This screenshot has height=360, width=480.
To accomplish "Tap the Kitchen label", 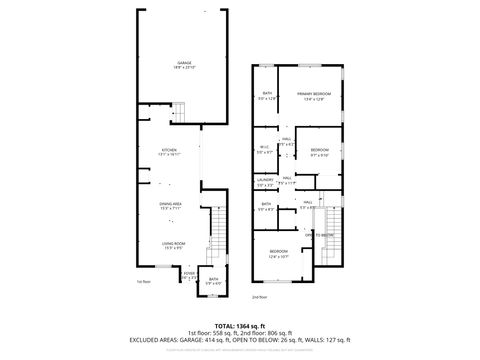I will pyautogui.click(x=170, y=153).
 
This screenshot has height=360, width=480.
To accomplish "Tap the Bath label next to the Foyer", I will pyautogui.click(x=213, y=282).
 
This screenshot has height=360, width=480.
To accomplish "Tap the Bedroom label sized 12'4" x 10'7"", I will pyautogui.click(x=279, y=254).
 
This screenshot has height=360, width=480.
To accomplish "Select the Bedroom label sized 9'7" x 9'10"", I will pyautogui.click(x=319, y=152).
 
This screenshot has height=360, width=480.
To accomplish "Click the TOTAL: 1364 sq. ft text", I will pyautogui.click(x=239, y=325).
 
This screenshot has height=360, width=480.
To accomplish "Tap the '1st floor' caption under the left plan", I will pyautogui.click(x=142, y=283).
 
